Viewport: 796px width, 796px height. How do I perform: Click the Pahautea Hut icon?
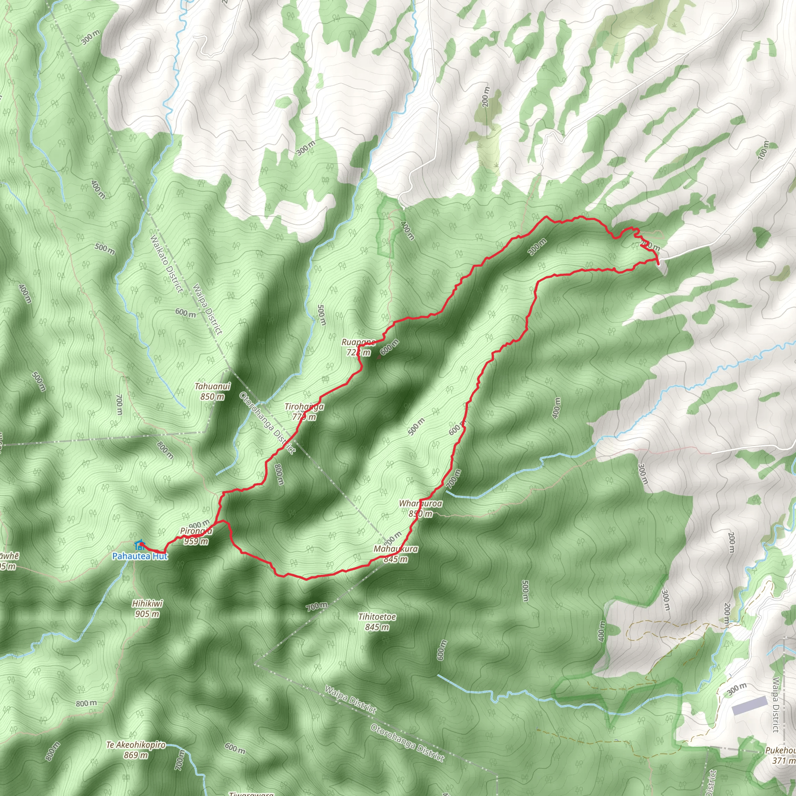(139, 545)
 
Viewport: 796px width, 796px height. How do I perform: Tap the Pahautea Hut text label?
(140, 557)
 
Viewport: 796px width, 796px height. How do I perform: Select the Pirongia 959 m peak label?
(196, 536)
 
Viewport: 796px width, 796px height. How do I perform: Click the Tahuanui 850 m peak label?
(213, 391)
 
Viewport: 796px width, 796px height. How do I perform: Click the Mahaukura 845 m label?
(396, 554)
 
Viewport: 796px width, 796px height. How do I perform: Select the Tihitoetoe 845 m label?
(377, 622)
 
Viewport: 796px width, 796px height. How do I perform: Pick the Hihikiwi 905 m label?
(147, 609)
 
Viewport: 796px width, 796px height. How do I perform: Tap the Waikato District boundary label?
(166, 264)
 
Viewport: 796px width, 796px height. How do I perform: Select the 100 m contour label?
(763, 150)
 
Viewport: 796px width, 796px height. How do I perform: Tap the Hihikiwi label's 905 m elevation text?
(147, 614)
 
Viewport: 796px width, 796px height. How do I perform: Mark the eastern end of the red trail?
(658, 263)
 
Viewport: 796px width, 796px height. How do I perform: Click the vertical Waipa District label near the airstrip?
(776, 705)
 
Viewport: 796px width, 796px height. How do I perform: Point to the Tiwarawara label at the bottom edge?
(251, 793)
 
